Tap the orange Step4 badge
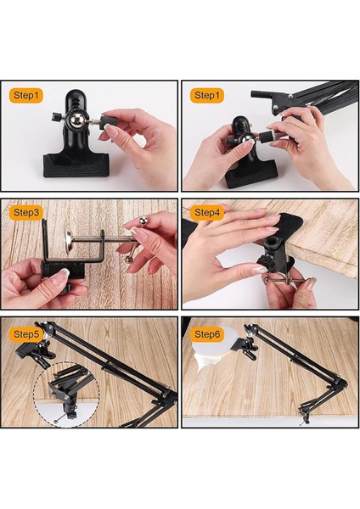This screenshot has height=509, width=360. coord(207,213)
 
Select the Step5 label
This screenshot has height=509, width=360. coord(26,334)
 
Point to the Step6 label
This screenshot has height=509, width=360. coord(207,334)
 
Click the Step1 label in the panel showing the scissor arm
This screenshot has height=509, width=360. coord(207,95)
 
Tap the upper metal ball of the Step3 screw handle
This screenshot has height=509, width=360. coord(143,221)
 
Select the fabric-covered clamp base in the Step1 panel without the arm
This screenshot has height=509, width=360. coord(76,165)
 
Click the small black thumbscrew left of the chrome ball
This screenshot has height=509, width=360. coord(57,116)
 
